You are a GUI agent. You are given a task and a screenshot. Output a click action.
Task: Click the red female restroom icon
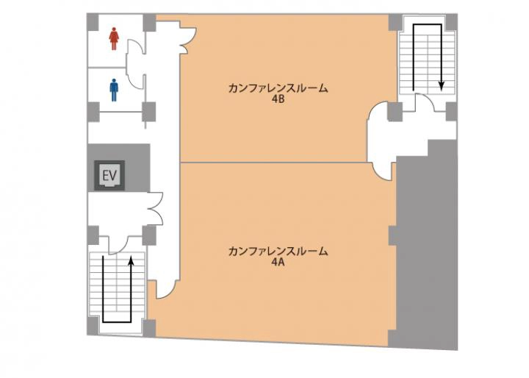click(115, 39)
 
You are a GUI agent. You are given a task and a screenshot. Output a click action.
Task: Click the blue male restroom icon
click(115, 90)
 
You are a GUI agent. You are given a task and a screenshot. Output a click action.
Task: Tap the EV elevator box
click(109, 176)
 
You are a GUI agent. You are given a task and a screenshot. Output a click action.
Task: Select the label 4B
click(278, 100)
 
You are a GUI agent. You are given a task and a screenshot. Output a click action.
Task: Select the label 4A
click(278, 263)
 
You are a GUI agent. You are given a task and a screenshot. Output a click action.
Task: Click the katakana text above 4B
click(278, 88)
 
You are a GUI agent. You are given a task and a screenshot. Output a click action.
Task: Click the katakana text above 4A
click(278, 252)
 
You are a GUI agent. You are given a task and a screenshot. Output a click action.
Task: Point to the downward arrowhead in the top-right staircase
click(442, 86)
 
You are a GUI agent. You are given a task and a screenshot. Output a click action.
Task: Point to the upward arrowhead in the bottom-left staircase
click(132, 260)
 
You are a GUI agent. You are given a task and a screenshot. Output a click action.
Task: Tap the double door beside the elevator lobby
click(156, 208)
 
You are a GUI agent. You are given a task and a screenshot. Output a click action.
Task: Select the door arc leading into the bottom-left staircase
click(118, 246)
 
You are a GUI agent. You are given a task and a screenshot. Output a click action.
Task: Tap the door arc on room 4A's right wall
click(384, 173)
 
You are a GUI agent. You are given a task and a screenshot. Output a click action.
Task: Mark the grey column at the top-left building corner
click(93, 22)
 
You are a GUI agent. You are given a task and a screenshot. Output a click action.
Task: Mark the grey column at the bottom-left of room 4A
click(148, 328)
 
